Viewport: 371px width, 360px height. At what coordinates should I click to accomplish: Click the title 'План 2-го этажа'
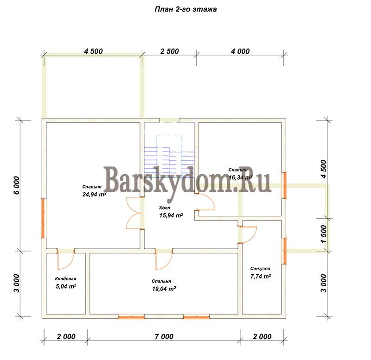[185, 9]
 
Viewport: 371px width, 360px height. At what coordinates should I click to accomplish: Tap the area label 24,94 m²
[94, 194]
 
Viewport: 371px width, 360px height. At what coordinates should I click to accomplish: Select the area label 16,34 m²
[241, 177]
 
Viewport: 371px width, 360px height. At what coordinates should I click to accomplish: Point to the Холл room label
[165, 208]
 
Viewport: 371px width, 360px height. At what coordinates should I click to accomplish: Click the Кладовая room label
[65, 278]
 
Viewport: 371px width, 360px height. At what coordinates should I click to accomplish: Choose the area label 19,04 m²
[164, 289]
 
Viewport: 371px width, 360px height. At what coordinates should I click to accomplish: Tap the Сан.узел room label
[260, 269]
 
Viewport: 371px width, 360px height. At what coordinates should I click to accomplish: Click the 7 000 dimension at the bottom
[164, 336]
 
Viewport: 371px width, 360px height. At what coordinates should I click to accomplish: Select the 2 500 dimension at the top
[169, 51]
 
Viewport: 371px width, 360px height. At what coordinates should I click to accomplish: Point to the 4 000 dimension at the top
[240, 51]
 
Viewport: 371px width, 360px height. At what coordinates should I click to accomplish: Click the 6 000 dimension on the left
[17, 185]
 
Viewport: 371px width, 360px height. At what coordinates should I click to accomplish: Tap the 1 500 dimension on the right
[323, 234]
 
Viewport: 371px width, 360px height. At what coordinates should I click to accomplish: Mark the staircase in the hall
[169, 156]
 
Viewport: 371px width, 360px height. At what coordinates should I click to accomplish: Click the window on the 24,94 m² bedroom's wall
[43, 218]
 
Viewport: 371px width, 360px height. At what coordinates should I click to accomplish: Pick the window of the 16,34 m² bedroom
[284, 185]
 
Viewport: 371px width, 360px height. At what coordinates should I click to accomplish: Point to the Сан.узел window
[284, 251]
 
